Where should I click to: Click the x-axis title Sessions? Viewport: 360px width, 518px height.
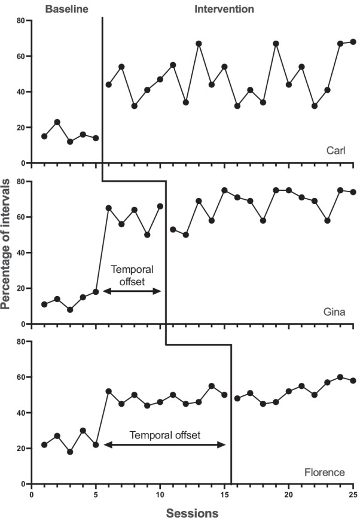pyautogui.click(x=191, y=512)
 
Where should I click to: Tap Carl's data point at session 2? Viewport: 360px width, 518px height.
pyautogui.click(x=57, y=122)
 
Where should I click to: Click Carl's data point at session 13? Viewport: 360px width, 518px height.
pyautogui.click(x=199, y=44)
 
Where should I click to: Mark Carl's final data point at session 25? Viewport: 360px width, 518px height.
pyautogui.click(x=353, y=42)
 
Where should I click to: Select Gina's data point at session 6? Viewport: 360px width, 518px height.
pyautogui.click(x=109, y=208)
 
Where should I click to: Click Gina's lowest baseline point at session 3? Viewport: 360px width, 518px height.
pyautogui.click(x=70, y=310)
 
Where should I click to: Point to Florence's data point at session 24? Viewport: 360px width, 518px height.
pyautogui.click(x=340, y=377)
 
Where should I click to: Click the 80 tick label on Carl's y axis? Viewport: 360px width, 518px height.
pyautogui.click(x=22, y=20)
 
